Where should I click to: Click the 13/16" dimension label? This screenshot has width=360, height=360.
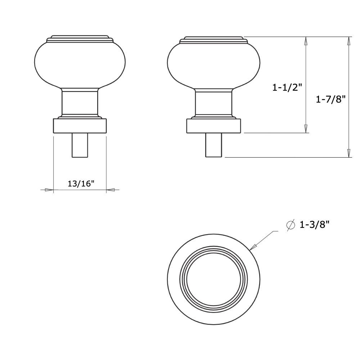pos(81,183)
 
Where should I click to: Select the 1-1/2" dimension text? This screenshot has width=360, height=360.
pos(287,87)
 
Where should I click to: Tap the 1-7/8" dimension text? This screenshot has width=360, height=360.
pos(330,99)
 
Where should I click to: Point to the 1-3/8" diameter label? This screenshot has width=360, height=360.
pos(315,225)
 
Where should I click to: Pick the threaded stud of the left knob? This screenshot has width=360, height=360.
pos(80,145)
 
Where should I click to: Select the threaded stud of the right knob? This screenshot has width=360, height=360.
pos(213,145)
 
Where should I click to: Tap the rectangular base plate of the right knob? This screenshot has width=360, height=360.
pos(213,126)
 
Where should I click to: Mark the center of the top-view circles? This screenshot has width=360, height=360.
pos(213,279)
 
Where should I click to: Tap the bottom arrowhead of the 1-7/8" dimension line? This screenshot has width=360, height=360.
pos(348,153)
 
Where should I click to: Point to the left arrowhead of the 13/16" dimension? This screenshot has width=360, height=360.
pos(49,190)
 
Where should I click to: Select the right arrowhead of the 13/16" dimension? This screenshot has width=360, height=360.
pos(111,190)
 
